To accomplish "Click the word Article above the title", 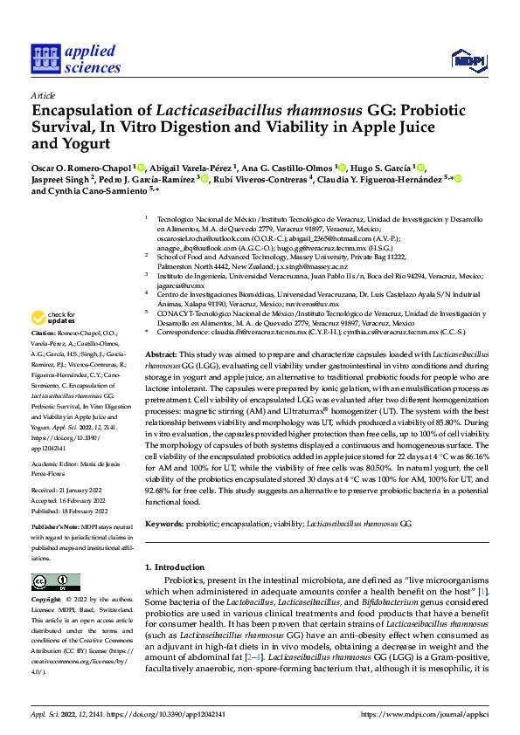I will click(x=42, y=95).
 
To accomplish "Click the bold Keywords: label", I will click(x=167, y=523).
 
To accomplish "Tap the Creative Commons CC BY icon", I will click(x=51, y=582).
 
